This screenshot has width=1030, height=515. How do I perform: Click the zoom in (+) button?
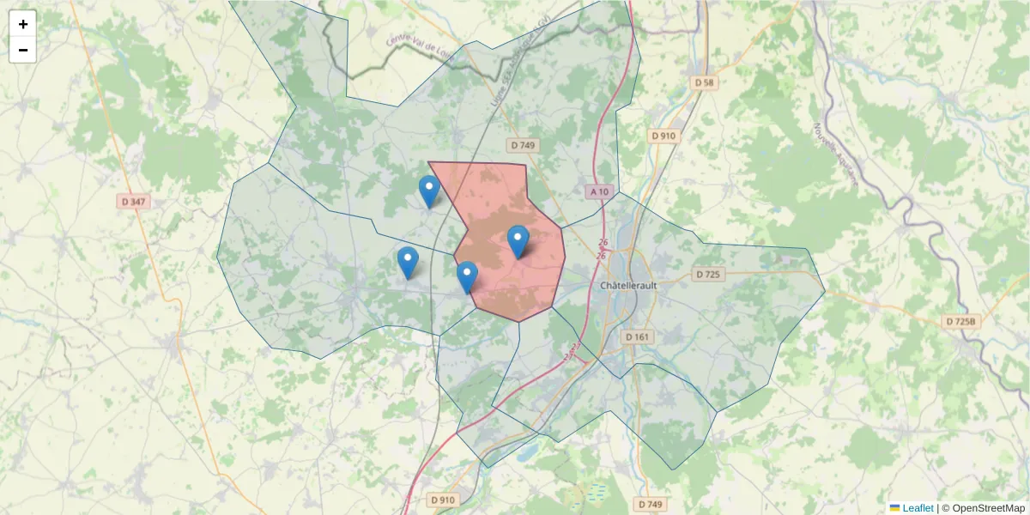click(23, 24)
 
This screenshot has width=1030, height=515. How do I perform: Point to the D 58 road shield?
click(704, 82)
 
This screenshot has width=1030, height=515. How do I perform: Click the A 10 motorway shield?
click(599, 191)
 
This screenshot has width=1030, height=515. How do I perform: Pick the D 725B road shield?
click(961, 321)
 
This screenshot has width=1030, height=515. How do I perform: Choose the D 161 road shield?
click(637, 336)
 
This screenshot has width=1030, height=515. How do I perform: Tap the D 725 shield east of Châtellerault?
click(708, 275)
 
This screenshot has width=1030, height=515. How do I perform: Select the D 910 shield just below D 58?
click(663, 136)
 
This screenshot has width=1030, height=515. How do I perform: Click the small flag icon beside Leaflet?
click(894, 508)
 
